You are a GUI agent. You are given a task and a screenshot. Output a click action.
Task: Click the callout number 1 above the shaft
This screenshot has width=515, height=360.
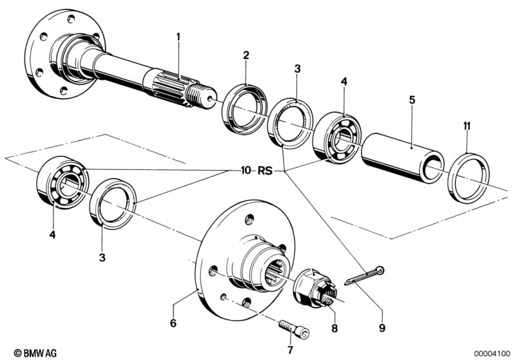179,37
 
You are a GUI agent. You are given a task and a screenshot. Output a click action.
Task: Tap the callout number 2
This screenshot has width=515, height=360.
246,55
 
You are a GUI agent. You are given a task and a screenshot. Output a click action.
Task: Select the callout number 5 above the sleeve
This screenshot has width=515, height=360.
413,100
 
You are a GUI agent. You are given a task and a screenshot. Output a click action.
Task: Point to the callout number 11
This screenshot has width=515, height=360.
467,126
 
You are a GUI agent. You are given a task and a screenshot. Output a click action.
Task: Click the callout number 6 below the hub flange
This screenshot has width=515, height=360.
173,323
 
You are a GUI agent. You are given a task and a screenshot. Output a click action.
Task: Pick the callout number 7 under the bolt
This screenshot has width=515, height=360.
290,350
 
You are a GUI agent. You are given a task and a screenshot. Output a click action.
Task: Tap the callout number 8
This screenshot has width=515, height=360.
335,328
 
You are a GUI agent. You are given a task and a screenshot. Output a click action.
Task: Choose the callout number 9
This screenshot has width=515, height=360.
382,328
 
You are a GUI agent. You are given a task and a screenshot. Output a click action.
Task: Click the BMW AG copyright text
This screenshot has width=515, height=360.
35,353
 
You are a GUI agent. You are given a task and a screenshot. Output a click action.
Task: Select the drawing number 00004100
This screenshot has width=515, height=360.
492,354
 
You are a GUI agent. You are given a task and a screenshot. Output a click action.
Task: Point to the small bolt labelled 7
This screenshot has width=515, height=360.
294,328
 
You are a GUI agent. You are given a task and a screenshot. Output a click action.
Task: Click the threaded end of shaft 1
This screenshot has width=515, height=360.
200,96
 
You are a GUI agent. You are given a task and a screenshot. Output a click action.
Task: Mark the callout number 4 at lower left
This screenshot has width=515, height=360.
52,235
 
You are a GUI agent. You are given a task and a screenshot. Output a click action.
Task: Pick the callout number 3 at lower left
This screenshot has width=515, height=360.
102,258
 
